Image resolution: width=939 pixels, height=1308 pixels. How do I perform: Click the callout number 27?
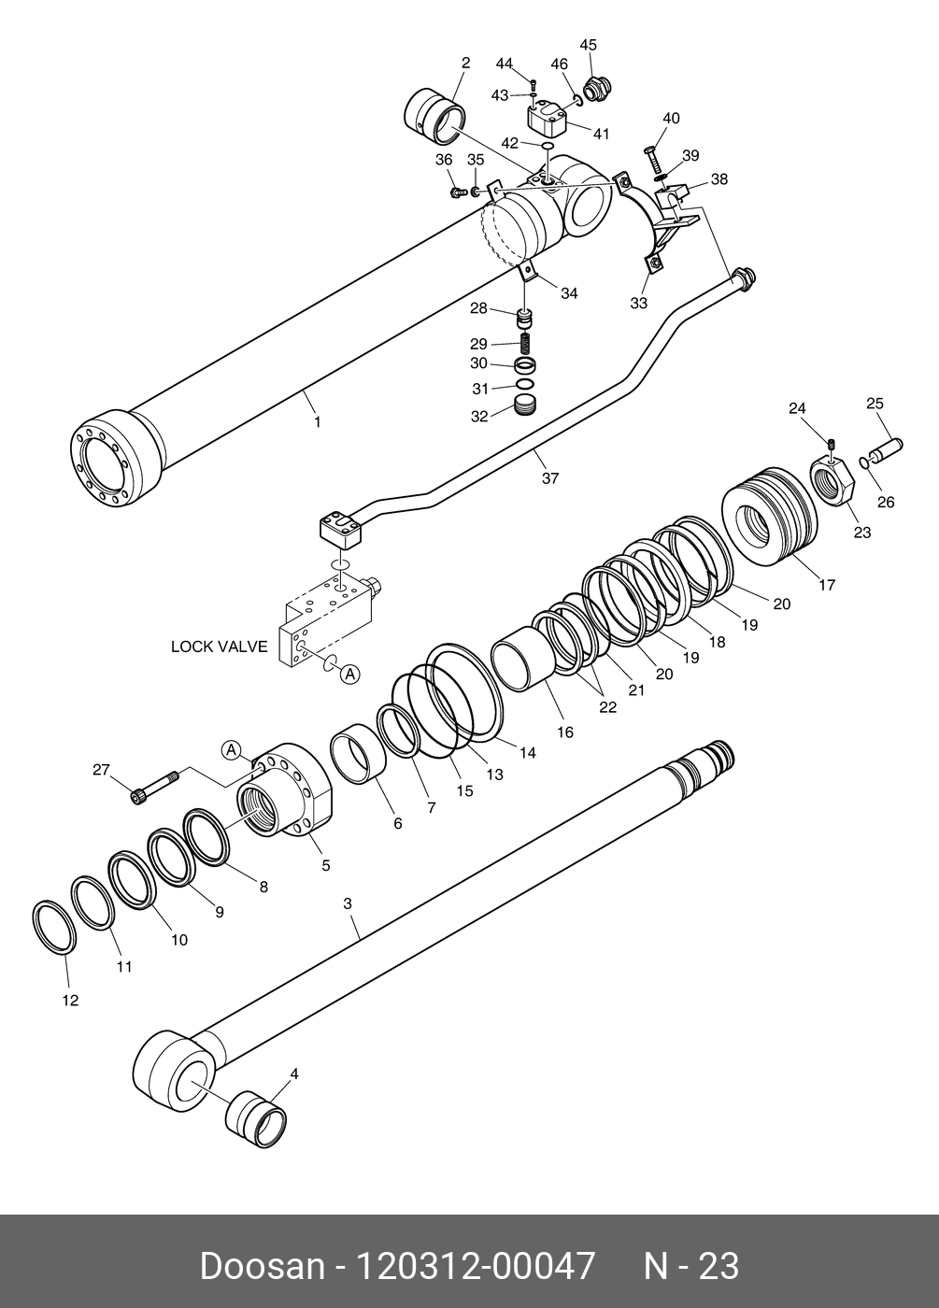(x=101, y=770)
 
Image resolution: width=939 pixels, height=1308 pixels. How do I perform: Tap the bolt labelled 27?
(x=154, y=786)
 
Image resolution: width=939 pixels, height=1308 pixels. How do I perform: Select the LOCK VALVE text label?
(x=219, y=646)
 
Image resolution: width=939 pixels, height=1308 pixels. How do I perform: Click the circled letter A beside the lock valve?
(x=349, y=673)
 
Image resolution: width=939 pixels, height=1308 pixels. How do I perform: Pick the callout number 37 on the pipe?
(x=550, y=478)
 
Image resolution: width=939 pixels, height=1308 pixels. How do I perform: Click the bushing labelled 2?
(x=434, y=117)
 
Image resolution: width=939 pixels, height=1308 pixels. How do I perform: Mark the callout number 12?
(x=70, y=1001)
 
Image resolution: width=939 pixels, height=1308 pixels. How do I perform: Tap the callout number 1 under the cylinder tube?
(x=317, y=422)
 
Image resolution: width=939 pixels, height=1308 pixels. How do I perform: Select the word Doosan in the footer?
(x=261, y=1267)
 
